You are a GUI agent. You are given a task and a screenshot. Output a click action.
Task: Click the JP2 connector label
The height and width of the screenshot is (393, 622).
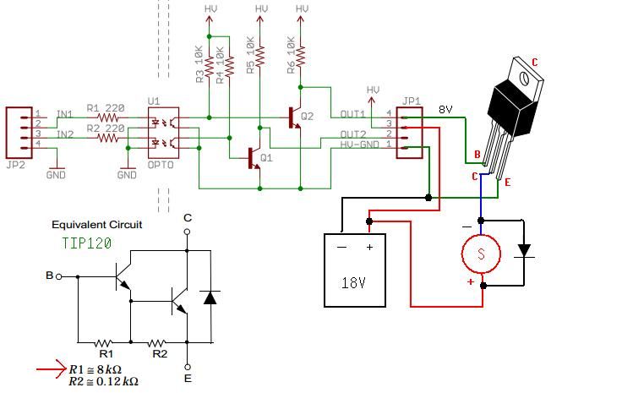(16, 165)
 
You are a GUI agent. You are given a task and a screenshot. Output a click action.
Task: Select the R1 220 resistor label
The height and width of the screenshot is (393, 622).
(106, 109)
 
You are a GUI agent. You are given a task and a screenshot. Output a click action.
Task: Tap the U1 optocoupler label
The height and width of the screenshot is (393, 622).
(154, 101)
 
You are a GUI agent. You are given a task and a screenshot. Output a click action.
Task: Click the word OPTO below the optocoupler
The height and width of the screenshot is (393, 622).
(161, 165)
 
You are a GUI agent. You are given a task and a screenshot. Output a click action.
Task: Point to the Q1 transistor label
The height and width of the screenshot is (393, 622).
(267, 158)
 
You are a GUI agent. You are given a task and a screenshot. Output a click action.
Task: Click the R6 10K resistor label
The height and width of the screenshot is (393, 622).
(292, 56)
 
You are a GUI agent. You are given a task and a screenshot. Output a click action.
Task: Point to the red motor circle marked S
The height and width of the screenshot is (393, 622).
(481, 253)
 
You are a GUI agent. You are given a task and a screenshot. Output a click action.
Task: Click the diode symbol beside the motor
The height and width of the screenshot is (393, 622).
(525, 251)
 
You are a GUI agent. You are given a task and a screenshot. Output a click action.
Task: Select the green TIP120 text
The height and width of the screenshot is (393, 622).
(87, 242)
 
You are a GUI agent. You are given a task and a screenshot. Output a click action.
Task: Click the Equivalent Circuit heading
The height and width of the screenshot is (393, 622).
(97, 225)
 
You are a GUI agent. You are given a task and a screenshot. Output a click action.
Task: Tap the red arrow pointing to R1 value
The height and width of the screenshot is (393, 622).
(52, 368)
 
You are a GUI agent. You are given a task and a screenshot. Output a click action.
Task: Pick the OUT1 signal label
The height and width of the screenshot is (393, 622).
(353, 114)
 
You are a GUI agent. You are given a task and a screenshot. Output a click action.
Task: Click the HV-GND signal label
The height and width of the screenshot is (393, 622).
(357, 146)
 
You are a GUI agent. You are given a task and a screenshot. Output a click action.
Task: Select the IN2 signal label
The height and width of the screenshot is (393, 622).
(64, 134)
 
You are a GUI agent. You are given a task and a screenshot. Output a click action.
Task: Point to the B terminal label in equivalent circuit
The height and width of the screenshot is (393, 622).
(49, 276)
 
